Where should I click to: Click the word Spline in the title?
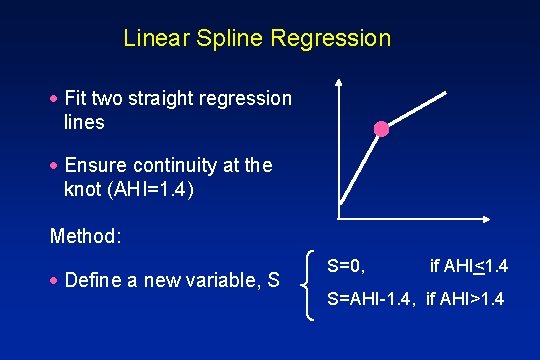pos(217,40)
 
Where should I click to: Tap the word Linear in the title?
pos(153,40)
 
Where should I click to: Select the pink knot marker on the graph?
pos(381,128)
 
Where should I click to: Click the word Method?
pos(86,237)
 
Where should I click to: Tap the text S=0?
pos(346,266)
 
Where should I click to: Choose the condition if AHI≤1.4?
pos(469,266)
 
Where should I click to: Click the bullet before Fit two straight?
pos(55,99)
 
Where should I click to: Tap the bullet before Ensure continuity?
pos(55,165)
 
